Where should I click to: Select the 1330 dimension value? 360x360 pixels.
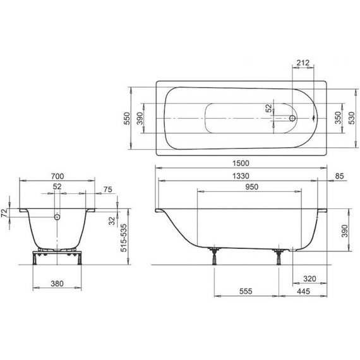(234, 176)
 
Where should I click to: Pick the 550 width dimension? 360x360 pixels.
(127, 117)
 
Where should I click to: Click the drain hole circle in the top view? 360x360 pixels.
(292, 117)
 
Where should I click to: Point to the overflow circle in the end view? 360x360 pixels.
(57, 217)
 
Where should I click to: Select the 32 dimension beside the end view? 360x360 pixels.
(111, 221)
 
